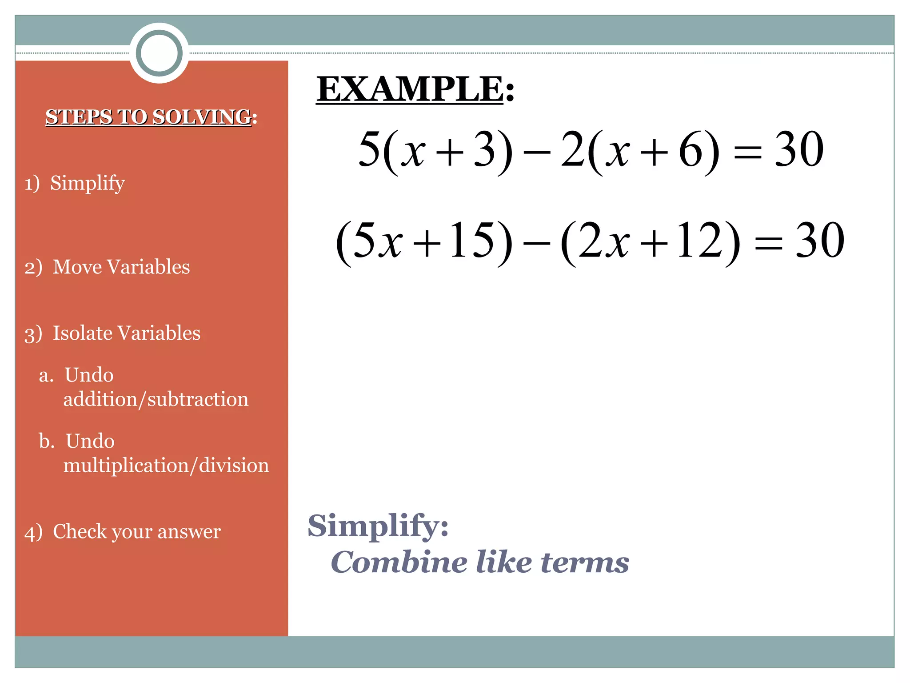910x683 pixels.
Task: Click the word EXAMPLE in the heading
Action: [410, 89]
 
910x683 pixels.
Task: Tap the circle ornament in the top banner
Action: [159, 53]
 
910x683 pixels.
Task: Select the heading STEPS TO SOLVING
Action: [149, 117]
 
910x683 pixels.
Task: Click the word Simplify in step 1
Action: [87, 183]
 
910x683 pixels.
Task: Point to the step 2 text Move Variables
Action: [121, 267]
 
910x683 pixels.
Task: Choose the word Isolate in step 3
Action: [83, 333]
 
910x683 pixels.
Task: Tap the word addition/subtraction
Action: [156, 399]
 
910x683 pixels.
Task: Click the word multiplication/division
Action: [166, 466]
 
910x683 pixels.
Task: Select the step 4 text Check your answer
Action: [136, 532]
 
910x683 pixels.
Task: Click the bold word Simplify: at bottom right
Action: [378, 526]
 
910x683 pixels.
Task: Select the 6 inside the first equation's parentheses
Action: [690, 150]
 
